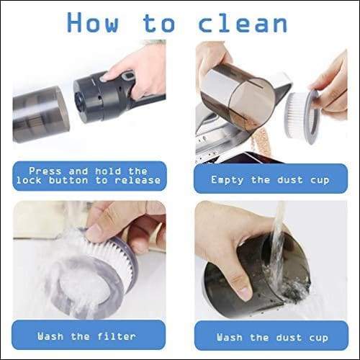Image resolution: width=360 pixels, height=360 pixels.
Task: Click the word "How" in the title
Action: [x=93, y=22]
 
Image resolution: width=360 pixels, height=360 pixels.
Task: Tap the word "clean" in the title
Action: [x=243, y=22]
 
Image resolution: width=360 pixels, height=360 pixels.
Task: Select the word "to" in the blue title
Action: [x=159, y=23]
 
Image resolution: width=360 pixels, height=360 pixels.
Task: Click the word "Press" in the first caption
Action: [x=45, y=171]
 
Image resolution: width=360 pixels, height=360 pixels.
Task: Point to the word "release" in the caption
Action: [x=138, y=180]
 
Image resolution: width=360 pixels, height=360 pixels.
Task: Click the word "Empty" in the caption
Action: [x=228, y=180]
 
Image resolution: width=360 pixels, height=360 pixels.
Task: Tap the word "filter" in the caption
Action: [x=117, y=336]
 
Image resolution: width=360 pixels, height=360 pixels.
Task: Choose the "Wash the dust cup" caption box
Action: [x=271, y=336]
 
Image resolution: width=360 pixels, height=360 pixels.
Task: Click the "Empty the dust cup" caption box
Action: [x=271, y=179]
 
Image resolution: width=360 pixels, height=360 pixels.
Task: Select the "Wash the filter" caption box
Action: [x=89, y=335]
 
